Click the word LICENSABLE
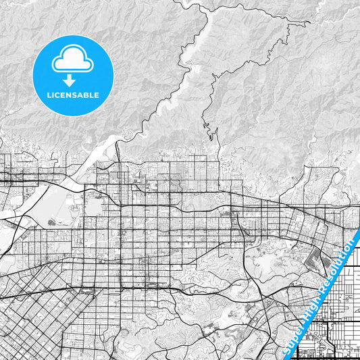[72, 95]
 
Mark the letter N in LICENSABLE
[69, 95]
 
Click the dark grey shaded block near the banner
[316, 259]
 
